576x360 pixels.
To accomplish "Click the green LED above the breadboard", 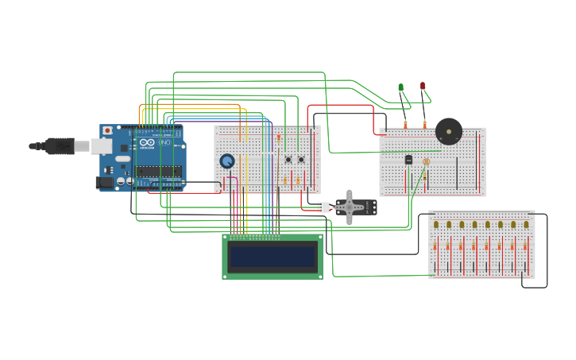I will pos(400,87).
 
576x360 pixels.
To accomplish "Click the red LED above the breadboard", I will pos(423,86).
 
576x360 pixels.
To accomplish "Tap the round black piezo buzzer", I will pos(448,131).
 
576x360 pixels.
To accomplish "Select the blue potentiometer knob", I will pos(227,161).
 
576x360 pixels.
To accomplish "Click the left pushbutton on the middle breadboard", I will pos(288,160).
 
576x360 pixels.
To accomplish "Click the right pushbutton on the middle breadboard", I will pos(301,160).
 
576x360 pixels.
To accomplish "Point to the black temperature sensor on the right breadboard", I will pos(408,160).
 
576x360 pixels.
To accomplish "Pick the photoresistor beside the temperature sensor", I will pos(426,162).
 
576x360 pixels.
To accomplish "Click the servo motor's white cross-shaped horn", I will pos(349,207).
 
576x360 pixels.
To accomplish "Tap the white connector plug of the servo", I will pos(323,207).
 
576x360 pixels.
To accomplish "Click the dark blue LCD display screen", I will pos(272,257).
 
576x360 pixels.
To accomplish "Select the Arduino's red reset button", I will pos(107,130).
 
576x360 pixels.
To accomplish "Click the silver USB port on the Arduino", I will pos(101,146).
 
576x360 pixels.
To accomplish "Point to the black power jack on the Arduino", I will pos(104,182).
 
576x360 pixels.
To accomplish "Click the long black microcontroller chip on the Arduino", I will pos(158,171).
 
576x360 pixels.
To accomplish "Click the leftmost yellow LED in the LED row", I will pos(436,225).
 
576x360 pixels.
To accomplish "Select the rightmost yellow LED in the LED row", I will pos(526,225).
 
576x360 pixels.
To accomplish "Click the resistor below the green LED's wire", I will pos(405,125).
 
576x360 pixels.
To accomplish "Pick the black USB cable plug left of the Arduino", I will pos(59,146).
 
